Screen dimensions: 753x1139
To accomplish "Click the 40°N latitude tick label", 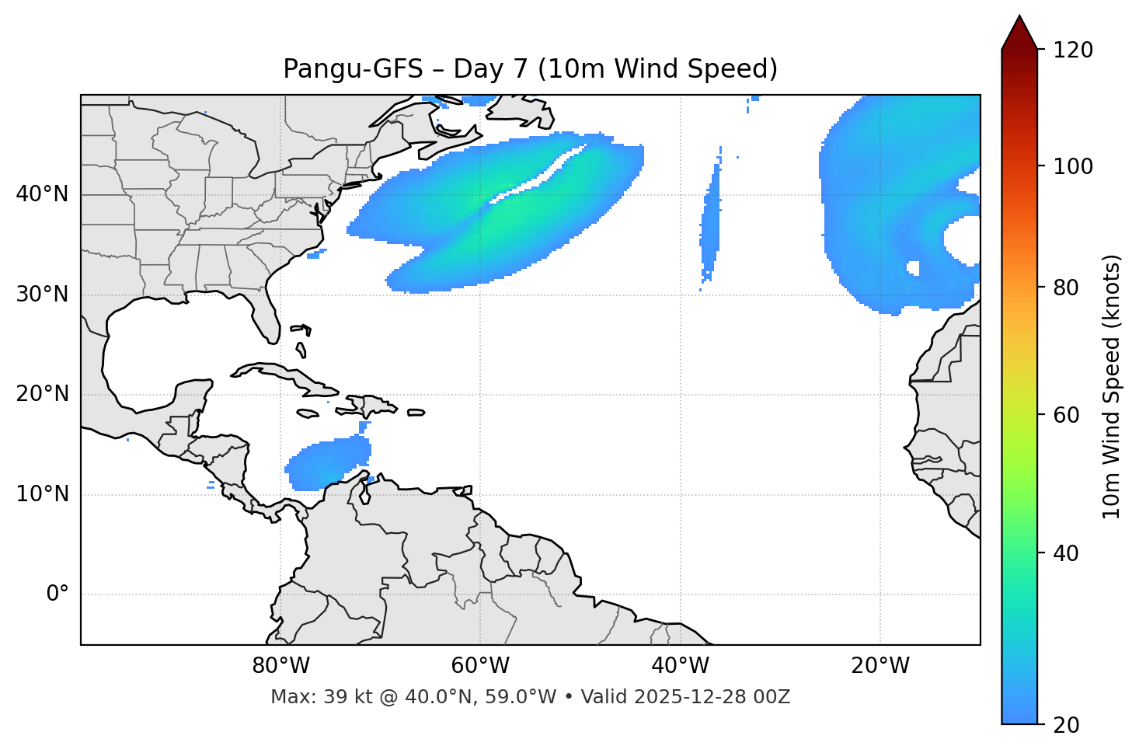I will tap(42, 194).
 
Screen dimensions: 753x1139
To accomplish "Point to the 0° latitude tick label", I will tap(57, 594).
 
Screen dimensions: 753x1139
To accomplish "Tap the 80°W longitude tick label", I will tap(280, 666).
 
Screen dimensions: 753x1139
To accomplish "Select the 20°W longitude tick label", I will tap(880, 666).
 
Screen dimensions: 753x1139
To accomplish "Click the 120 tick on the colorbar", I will tap(1073, 51).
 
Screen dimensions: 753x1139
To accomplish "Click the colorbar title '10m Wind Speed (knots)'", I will tap(1112, 386).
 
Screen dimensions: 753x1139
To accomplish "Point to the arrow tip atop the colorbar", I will tap(1019, 17).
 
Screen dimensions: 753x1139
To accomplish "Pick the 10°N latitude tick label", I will tap(42, 494).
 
